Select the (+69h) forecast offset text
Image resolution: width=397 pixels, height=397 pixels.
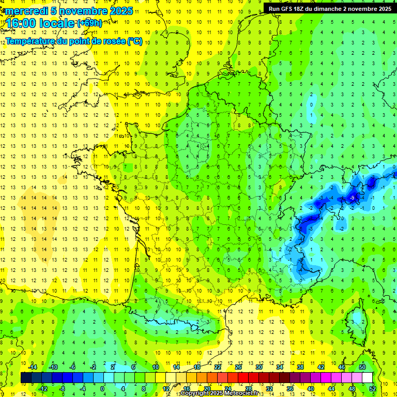pyautogui.click(x=89, y=23)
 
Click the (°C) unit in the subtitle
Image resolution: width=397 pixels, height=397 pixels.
pyautogui.click(x=135, y=41)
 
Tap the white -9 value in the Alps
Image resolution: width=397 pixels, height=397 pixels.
pyautogui.click(x=352, y=198)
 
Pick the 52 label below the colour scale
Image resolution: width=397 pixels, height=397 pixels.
pyautogui.click(x=373, y=389)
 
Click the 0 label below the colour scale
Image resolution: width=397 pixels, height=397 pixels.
pyautogui.click(x=102, y=389)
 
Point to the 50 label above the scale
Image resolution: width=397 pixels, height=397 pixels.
pyautogui.click(x=362, y=367)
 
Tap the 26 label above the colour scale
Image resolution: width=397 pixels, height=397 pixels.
pyautogui.click(x=238, y=367)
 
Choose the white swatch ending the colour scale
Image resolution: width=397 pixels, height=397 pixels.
pyautogui.click(x=368, y=378)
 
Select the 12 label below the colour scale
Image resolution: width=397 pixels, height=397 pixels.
pyautogui.click(x=166, y=389)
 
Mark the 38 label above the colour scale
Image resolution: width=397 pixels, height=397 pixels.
pyautogui.click(x=300, y=367)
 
